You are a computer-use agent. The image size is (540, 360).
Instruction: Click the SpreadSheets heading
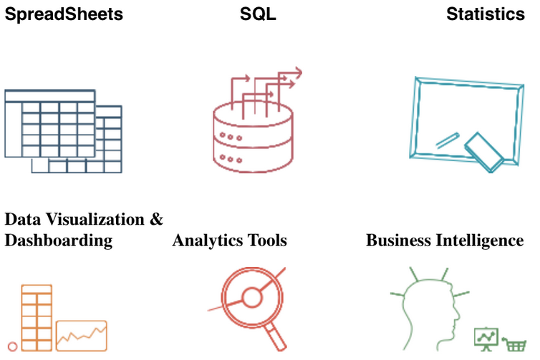click(64, 14)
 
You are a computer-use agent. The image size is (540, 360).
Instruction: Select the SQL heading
click(258, 14)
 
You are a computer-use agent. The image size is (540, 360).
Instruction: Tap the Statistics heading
click(486, 14)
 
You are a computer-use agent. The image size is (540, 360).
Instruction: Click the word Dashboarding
click(59, 240)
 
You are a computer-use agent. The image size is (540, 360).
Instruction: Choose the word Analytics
click(208, 240)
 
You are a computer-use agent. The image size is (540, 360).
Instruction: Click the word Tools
click(266, 240)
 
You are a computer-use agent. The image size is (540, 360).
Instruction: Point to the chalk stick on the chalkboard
click(446, 140)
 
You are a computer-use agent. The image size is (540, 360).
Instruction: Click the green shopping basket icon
click(515, 345)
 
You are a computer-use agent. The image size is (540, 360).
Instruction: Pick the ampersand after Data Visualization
click(156, 219)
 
